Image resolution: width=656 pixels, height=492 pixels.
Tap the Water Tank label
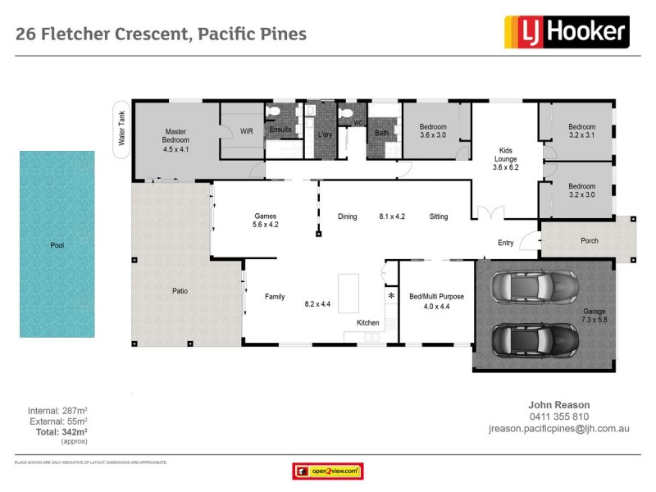click(121, 130)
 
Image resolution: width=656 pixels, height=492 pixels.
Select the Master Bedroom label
click(175, 140)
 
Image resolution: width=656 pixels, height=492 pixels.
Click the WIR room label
click(246, 130)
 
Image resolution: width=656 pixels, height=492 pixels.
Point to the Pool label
click(57, 245)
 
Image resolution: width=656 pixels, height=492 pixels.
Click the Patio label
click(180, 290)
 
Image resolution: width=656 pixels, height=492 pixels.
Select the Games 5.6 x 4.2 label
click(266, 220)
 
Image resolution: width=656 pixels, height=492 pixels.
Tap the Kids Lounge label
click(507, 158)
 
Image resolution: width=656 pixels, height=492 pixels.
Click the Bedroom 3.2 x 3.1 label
click(581, 131)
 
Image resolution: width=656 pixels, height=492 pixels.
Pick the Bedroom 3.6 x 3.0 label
click(433, 131)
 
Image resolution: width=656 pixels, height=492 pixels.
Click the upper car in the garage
click(534, 288)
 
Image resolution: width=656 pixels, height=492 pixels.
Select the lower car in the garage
click(534, 338)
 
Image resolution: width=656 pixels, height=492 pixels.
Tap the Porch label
click(589, 241)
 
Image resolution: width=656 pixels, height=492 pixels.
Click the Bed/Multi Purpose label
click(436, 301)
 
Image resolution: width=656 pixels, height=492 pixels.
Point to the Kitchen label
click(367, 323)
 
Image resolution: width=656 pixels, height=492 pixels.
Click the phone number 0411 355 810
click(559, 417)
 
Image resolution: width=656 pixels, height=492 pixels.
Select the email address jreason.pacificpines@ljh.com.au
click(558, 428)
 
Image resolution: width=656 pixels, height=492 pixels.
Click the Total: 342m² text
click(57, 430)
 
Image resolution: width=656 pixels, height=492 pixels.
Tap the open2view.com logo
click(327, 471)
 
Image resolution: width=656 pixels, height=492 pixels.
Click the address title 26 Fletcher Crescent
click(161, 34)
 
